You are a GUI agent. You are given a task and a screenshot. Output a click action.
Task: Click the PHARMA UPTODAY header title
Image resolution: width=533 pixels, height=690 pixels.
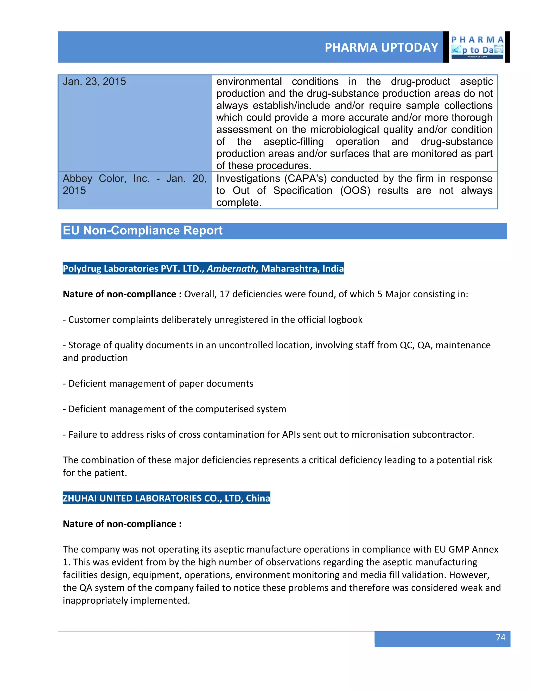tap(381, 47)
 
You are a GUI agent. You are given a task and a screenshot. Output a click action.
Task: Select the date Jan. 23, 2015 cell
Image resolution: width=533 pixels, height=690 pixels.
tap(94, 81)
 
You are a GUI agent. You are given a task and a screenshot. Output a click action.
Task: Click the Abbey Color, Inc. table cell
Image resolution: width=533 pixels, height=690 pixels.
tap(135, 185)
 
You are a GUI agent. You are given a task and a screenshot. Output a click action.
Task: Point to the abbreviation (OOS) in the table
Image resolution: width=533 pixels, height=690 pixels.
tap(355, 191)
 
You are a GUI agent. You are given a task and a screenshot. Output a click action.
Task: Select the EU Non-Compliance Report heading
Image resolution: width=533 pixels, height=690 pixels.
tap(142, 230)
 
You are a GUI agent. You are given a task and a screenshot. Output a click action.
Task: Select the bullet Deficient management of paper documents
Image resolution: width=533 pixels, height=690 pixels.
tap(158, 384)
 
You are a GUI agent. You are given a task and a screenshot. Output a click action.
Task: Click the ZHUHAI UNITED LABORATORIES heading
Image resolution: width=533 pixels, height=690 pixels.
tap(166, 498)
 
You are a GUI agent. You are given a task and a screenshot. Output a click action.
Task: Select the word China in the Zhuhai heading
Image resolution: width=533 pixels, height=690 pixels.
tap(258, 498)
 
